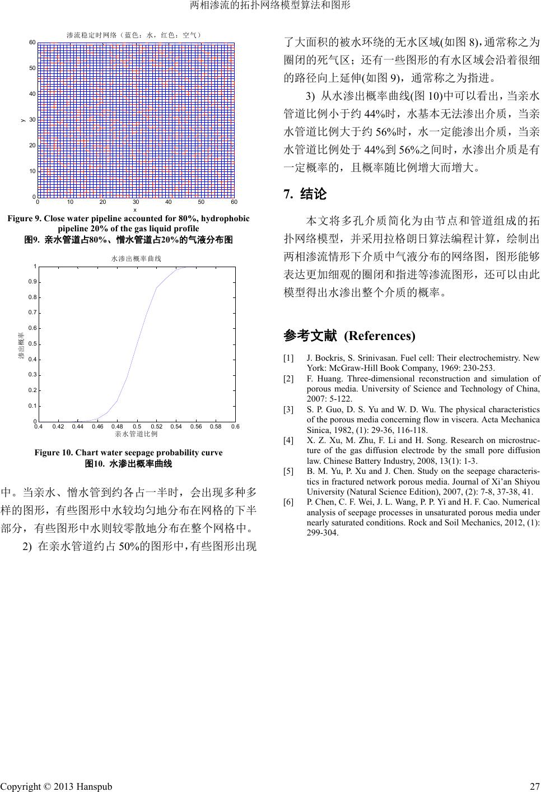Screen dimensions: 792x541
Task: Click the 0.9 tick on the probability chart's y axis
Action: pos(32,282)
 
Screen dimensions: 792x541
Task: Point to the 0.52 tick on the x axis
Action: pos(156,427)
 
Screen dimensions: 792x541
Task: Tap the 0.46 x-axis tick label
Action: pos(97,427)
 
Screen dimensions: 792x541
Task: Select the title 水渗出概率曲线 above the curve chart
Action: pos(136,259)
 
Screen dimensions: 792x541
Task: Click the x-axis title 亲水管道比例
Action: pos(136,434)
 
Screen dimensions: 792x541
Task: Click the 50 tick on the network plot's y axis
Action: pos(32,68)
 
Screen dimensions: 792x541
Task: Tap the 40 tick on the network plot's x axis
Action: pos(169,202)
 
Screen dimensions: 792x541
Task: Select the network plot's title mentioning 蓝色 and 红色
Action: pos(134,35)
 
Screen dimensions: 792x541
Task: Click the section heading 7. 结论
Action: pos(305,194)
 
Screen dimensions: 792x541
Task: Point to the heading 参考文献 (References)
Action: pos(349,336)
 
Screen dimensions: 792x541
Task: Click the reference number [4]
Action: pos(288,440)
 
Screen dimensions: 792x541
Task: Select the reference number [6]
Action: pos(288,502)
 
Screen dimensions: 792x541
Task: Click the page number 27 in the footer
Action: pos(534,786)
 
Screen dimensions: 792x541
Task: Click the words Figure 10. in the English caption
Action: pos(54,453)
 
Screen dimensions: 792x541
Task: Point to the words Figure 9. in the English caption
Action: pos(24,218)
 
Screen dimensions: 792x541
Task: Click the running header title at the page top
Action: pos(270,6)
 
